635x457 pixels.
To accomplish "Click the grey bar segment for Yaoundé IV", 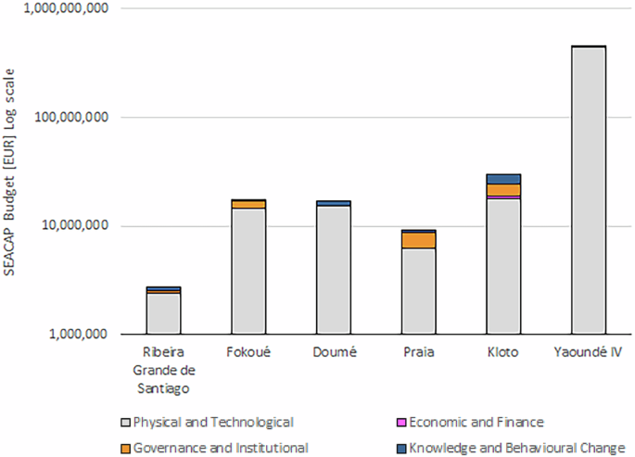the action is (589, 191).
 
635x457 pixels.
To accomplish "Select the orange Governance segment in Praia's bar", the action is (419, 240).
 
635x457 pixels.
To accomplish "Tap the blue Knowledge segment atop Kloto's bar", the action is (503, 179).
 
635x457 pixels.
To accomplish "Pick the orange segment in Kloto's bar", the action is (503, 190).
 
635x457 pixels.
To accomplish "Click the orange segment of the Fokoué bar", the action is (248, 205).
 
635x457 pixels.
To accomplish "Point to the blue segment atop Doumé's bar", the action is (334, 203).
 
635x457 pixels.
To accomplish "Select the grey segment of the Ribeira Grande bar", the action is (163, 313).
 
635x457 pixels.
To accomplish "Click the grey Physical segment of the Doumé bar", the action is (334, 270).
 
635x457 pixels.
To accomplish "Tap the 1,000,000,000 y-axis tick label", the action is (67, 7).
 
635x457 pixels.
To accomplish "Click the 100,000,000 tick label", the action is (71, 117).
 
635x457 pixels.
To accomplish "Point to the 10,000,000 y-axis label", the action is (75, 225).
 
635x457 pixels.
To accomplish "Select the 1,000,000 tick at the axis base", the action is (79, 334).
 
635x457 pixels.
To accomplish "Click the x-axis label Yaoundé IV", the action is (588, 351).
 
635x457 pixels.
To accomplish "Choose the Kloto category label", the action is (503, 351).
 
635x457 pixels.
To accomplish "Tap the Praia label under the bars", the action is (419, 351).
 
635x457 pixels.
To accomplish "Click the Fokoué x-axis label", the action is (248, 351).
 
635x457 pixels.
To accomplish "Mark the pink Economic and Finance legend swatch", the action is (401, 423).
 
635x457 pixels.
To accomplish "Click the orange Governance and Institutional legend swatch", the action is (125, 449).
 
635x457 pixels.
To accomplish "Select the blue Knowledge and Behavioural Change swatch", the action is (401, 449).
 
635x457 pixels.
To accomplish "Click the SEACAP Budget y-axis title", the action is (9, 172).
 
